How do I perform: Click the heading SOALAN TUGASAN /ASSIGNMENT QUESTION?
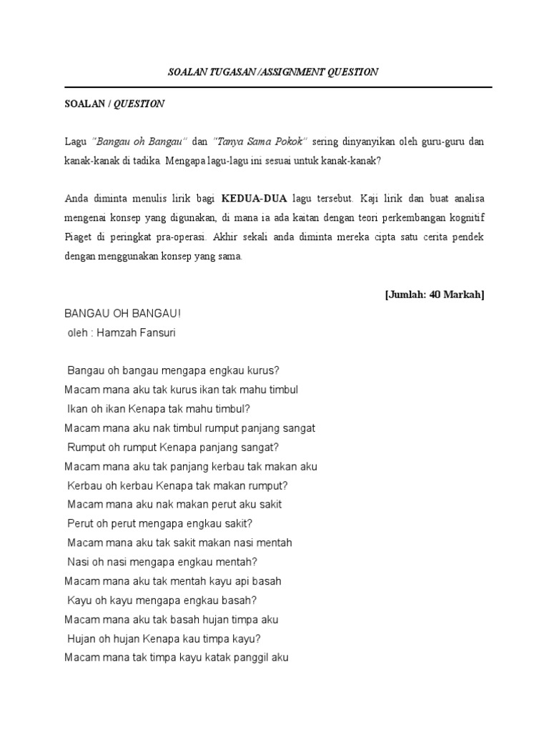point(272,72)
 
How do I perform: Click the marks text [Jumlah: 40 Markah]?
point(434,295)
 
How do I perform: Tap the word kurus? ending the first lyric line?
point(262,370)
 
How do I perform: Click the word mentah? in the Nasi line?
point(240,562)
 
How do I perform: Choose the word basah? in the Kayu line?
point(240,600)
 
